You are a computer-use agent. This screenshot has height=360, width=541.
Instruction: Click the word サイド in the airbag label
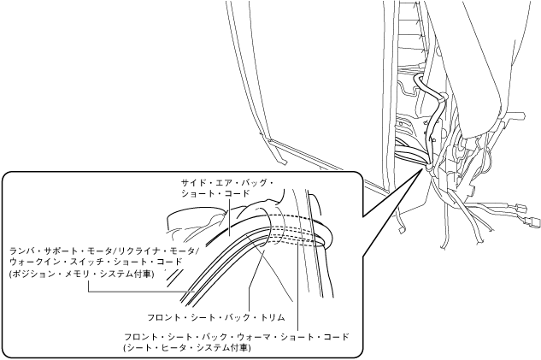(193, 183)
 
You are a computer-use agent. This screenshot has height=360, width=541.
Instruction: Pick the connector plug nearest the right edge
(522, 208)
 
